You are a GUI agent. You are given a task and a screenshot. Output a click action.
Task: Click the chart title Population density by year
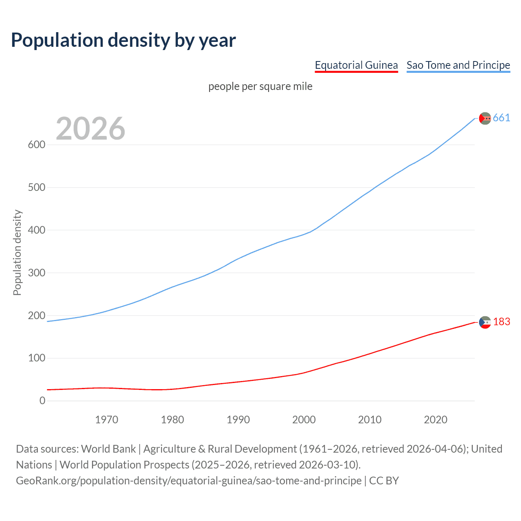coord(123,40)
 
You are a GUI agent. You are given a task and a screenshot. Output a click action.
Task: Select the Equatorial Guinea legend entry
coord(356,65)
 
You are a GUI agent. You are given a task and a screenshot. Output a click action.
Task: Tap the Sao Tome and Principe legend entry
coord(458,65)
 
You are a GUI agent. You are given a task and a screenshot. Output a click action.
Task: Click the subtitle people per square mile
coord(260,87)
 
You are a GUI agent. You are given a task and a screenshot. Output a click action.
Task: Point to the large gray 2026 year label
coord(90,129)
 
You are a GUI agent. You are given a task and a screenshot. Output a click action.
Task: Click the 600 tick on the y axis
coord(36,145)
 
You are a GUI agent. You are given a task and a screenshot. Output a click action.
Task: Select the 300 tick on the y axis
coord(36,273)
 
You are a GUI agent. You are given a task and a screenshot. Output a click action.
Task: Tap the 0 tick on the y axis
coord(42,401)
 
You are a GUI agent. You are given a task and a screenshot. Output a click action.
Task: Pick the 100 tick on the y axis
coord(36,358)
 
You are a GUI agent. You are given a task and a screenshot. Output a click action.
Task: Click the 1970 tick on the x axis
coord(107,420)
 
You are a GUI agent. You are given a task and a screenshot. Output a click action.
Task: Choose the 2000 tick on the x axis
coord(304,420)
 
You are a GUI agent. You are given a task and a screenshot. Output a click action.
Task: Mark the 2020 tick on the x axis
coord(436,420)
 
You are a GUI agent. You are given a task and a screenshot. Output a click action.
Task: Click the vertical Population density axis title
coord(17,252)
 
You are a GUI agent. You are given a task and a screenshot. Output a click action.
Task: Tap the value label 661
coord(501,118)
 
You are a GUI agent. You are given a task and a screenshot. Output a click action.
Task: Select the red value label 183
coord(501,322)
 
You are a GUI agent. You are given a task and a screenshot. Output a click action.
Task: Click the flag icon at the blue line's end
coord(485,118)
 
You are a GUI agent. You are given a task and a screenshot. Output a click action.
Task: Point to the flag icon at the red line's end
coord(485,322)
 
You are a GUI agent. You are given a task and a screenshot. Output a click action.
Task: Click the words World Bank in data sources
coord(108,449)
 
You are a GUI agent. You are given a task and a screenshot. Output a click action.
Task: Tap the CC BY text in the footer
coord(384,481)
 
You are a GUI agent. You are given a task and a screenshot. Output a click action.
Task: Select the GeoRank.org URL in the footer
coord(188,481)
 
